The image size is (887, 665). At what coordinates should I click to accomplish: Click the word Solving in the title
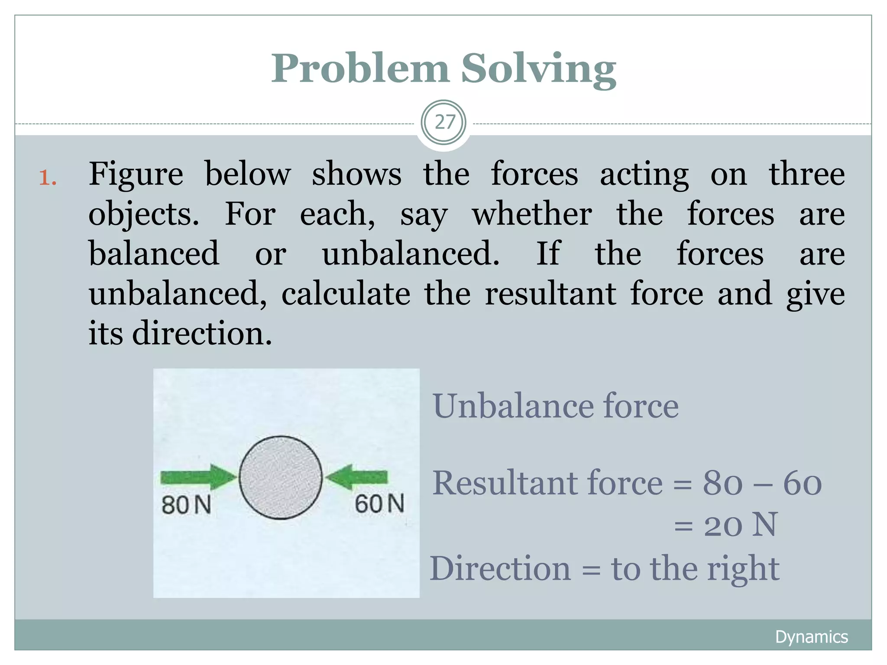[538, 69]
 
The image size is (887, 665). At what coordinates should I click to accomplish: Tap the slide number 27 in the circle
[444, 123]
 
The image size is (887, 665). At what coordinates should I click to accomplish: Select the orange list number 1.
[48, 178]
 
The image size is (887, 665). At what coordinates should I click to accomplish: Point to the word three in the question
[806, 174]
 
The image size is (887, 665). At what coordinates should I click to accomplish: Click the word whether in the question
[532, 214]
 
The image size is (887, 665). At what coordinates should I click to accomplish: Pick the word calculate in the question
[346, 294]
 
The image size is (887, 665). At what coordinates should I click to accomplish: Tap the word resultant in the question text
[550, 294]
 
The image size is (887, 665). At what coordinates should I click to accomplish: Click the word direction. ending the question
[202, 334]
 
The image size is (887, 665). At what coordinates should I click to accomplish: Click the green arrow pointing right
[197, 478]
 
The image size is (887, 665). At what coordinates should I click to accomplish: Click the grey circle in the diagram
[281, 478]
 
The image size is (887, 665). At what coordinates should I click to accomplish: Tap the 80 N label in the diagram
[186, 505]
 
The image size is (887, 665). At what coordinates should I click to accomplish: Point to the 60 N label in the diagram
[379, 504]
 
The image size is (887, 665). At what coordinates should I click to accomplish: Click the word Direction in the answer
[500, 568]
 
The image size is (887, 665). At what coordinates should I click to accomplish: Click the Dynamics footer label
[811, 637]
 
